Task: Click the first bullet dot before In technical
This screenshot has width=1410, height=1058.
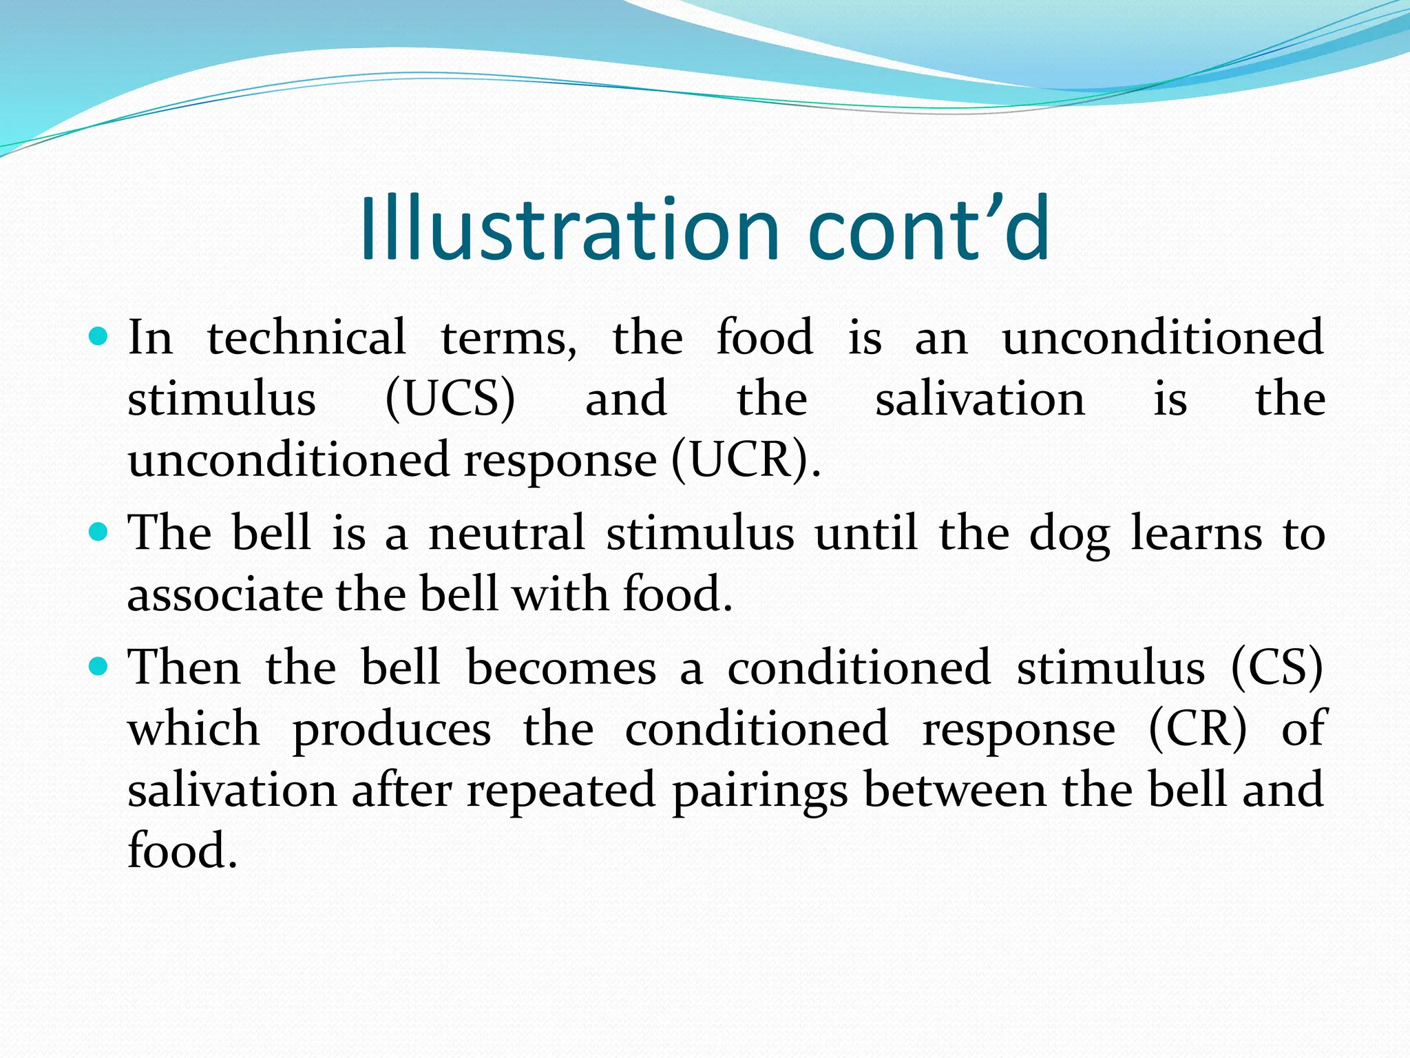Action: coord(99,337)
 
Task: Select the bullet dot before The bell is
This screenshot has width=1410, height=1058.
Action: coord(99,532)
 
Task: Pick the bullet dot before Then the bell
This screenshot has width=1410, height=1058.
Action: coord(99,667)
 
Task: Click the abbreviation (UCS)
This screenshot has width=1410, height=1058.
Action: coord(450,400)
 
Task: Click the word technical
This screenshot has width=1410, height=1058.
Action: coord(306,338)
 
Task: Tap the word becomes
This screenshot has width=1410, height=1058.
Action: coord(561,667)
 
